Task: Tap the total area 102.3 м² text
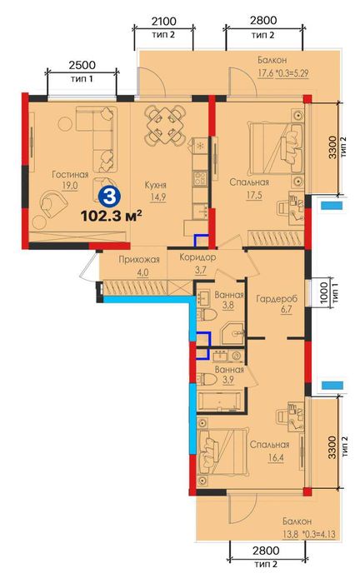click(111, 216)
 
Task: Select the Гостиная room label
click(70, 174)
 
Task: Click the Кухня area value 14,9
click(158, 197)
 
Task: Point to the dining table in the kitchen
click(166, 126)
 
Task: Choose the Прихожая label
click(139, 260)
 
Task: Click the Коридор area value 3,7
click(201, 271)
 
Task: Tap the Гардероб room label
click(277, 298)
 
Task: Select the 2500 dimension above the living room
click(82, 65)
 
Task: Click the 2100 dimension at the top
click(163, 21)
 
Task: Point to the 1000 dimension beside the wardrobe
click(324, 292)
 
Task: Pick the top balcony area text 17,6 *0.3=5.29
click(283, 73)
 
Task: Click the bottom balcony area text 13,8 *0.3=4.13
click(308, 535)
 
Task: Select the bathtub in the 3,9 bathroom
click(220, 401)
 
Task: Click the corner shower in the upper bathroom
click(232, 333)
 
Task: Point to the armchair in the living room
click(52, 203)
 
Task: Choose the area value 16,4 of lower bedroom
click(276, 457)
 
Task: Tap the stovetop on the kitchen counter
click(200, 177)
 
